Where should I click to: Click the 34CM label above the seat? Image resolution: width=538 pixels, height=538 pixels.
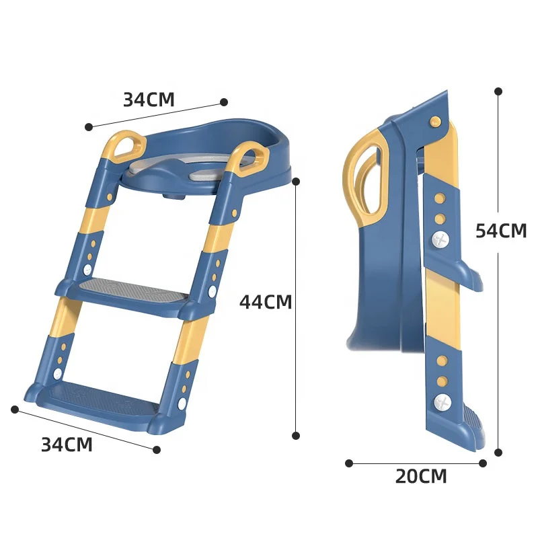(x=149, y=100)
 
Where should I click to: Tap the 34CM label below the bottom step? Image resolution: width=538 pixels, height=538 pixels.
(x=67, y=445)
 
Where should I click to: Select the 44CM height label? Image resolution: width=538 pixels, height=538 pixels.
(x=266, y=302)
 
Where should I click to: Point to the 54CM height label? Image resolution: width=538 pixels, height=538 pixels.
(x=501, y=231)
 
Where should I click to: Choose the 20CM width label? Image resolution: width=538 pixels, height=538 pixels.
(x=420, y=477)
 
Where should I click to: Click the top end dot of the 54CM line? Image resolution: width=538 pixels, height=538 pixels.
(x=498, y=91)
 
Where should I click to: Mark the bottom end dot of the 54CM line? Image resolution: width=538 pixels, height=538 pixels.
(x=498, y=453)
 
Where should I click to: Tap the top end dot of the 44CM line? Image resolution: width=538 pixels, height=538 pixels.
(x=296, y=181)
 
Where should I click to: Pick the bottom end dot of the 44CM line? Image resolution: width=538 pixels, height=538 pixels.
(x=296, y=436)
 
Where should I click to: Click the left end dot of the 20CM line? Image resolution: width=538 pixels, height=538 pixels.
(x=349, y=463)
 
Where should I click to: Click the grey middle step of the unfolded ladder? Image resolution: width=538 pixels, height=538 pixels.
(x=131, y=292)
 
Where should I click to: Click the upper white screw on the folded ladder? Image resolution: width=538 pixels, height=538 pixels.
(x=440, y=239)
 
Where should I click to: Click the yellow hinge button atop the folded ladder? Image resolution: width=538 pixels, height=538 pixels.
(x=435, y=122)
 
